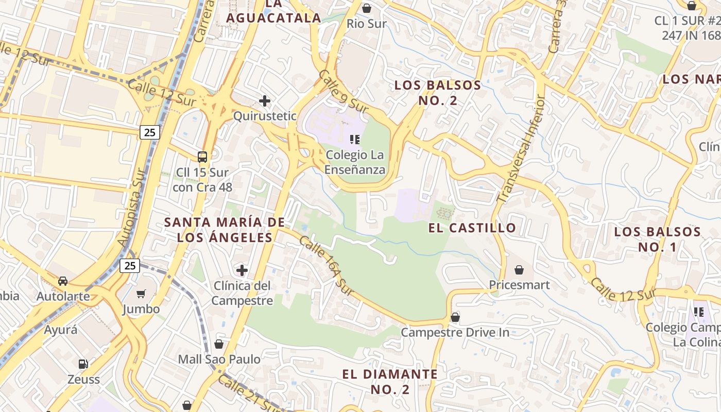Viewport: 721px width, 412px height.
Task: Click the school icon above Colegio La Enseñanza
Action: point(354,139)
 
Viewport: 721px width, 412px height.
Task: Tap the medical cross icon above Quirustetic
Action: point(265,101)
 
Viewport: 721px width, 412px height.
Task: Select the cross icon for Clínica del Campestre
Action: point(242,270)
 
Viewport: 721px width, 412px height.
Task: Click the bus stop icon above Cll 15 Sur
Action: point(202,157)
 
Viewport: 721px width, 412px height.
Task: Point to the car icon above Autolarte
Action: point(63,281)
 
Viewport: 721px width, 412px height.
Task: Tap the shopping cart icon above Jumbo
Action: point(141,294)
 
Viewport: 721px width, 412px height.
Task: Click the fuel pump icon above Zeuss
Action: point(83,364)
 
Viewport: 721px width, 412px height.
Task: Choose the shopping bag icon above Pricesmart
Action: point(519,270)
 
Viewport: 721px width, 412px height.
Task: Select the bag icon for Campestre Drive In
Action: point(455,317)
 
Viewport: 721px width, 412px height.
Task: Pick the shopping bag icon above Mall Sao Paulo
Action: point(219,344)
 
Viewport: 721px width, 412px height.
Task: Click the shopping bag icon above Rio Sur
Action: point(366,8)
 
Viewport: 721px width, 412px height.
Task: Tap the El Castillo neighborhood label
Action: point(472,228)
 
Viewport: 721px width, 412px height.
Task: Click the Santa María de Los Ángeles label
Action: point(224,230)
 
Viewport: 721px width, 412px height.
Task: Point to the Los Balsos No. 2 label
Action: point(437,93)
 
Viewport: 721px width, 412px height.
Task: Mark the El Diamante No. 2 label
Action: point(390,382)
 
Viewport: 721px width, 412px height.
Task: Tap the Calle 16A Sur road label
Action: point(326,266)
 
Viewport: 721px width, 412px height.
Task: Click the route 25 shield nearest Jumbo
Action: point(130,266)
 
